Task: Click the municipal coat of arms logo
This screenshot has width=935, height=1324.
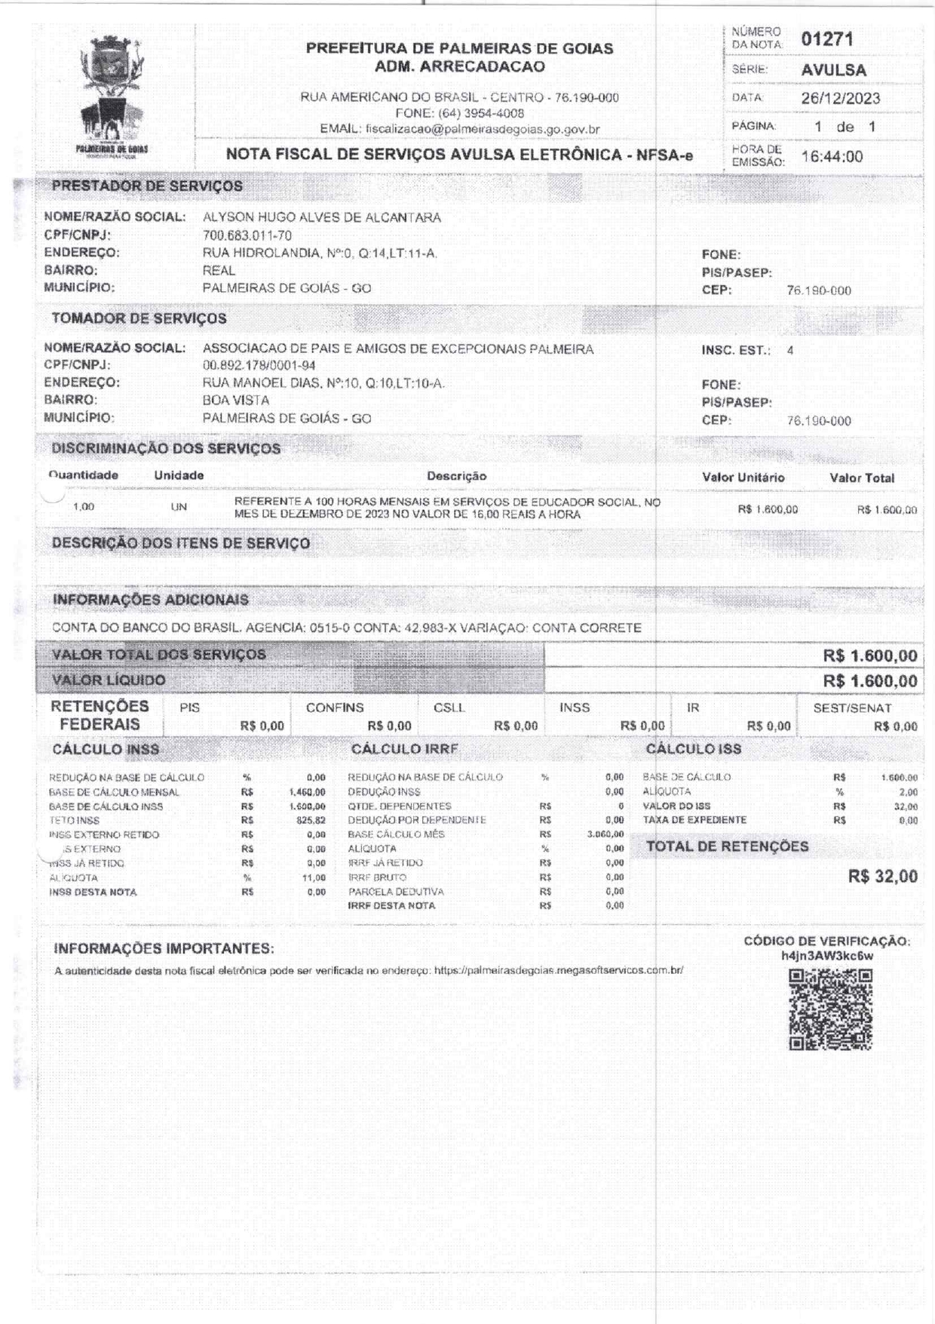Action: tap(112, 94)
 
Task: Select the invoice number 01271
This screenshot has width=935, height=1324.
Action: tap(827, 39)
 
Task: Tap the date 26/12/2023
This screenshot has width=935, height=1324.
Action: tap(840, 98)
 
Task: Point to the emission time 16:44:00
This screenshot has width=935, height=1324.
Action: tap(832, 157)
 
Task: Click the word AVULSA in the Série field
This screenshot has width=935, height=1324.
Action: tap(834, 70)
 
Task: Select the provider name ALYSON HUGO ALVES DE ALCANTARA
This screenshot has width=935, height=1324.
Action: tap(322, 218)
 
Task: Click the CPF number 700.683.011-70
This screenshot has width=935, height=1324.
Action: tap(247, 236)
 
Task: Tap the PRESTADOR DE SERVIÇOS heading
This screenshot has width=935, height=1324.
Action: tap(147, 186)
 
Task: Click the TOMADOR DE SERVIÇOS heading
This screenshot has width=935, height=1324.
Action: tap(139, 318)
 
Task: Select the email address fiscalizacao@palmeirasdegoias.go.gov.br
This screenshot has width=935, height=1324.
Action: tap(483, 129)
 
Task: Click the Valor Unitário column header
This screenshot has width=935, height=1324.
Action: tap(743, 478)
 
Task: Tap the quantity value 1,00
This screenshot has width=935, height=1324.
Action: tap(84, 507)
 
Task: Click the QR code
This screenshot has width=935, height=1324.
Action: tap(830, 1010)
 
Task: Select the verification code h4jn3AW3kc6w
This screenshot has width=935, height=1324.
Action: tap(827, 956)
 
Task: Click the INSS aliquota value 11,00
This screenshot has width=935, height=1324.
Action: tap(314, 878)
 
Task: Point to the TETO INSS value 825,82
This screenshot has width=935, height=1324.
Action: tap(311, 821)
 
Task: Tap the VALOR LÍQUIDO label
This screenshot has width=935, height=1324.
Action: tap(109, 680)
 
